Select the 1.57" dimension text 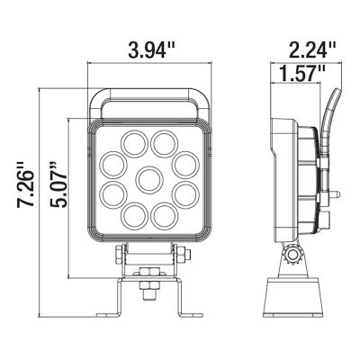pos(301,75)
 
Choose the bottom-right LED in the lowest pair pos(164,214)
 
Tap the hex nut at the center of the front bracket pos(149,288)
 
